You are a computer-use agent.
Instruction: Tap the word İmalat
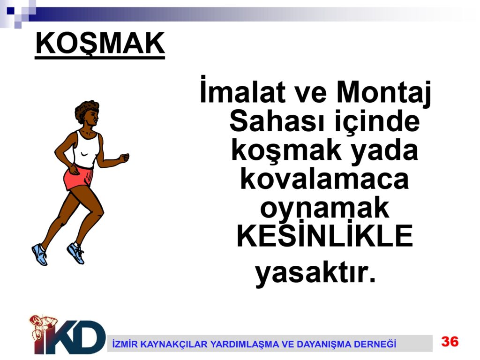click(x=242, y=90)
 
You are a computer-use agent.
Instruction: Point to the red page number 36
click(x=450, y=341)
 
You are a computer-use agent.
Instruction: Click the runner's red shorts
click(x=78, y=178)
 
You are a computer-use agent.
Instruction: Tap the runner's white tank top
click(x=87, y=149)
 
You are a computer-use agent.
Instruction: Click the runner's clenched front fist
click(x=124, y=158)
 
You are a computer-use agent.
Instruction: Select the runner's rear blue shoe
click(x=39, y=254)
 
